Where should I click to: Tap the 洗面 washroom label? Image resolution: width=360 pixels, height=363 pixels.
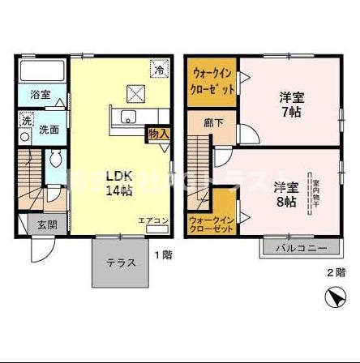pos(49,129)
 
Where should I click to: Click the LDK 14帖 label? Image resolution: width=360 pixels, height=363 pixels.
pos(118,185)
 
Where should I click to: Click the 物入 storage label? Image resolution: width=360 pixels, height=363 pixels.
pos(158,135)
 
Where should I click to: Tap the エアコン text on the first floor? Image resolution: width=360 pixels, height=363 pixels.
pos(152,221)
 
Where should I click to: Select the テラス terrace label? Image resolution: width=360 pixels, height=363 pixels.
pos(121,263)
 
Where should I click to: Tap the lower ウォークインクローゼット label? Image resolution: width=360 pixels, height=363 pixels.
pos(211,224)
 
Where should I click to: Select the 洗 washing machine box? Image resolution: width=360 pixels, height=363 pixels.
pos(27,122)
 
